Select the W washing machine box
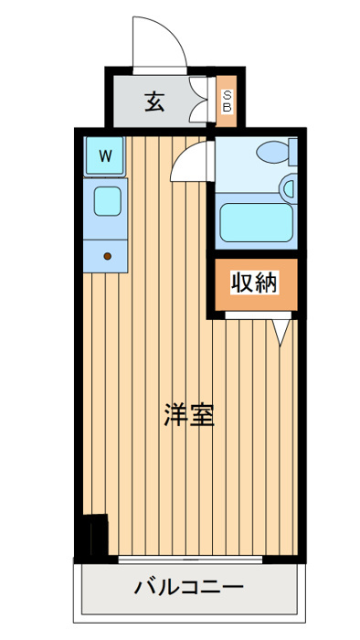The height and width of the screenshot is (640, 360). coord(106,155)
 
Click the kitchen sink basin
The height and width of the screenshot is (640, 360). coord(106,199)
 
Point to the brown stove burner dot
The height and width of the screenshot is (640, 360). coord(107,256)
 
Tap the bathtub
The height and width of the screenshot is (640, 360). coord(257,222)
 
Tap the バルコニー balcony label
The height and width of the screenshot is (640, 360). coord(189,586)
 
